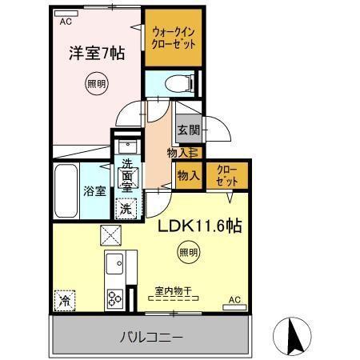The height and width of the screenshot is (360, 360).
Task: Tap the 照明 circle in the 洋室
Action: (94, 83)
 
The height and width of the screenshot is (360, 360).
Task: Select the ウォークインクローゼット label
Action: (173, 38)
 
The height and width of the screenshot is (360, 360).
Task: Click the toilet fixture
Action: (179, 82)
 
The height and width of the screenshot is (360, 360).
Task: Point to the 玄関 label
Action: (189, 130)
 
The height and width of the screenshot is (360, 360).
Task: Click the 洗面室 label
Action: (127, 175)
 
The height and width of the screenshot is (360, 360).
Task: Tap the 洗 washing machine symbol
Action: (127, 207)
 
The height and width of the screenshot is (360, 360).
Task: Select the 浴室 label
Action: (95, 191)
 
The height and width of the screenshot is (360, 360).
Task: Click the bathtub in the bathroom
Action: (66, 190)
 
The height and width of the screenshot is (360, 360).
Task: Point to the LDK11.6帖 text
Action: (199, 226)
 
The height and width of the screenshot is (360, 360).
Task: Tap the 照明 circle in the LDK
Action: (185, 253)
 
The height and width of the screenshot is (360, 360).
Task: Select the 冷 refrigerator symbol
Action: (64, 302)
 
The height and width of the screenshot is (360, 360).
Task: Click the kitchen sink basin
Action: (115, 265)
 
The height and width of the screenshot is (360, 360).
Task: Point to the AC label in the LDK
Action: (235, 300)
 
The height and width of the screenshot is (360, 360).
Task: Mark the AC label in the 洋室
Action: (66, 22)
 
